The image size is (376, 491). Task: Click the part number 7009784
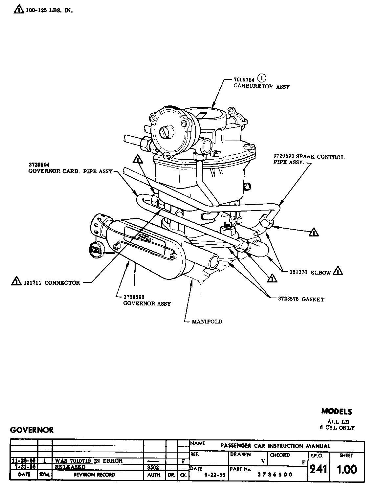tap(245, 80)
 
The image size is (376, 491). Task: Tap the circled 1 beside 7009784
tap(262, 78)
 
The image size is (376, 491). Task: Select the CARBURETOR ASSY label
tap(262, 87)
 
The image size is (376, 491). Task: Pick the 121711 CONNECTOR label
tap(52, 283)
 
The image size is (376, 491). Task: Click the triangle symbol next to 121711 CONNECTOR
tap(16, 281)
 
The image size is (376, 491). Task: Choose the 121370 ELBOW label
tap(310, 272)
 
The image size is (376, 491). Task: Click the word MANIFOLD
tap(207, 322)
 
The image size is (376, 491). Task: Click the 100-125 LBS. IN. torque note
tap(49, 11)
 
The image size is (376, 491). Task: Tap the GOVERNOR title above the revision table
tap(32, 430)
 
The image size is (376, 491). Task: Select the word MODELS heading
tap(337, 412)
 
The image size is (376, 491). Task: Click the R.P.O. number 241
tap(318, 469)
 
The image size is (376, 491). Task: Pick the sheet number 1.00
tap(347, 469)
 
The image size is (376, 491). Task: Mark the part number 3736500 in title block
tap(275, 475)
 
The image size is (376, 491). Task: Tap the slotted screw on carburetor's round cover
tap(165, 132)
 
